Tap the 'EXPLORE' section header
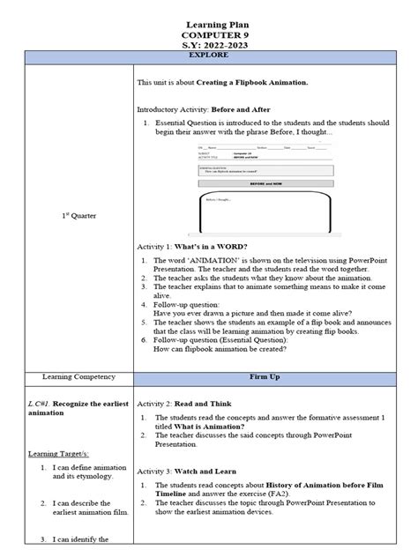(208, 56)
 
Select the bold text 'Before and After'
(240, 109)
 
